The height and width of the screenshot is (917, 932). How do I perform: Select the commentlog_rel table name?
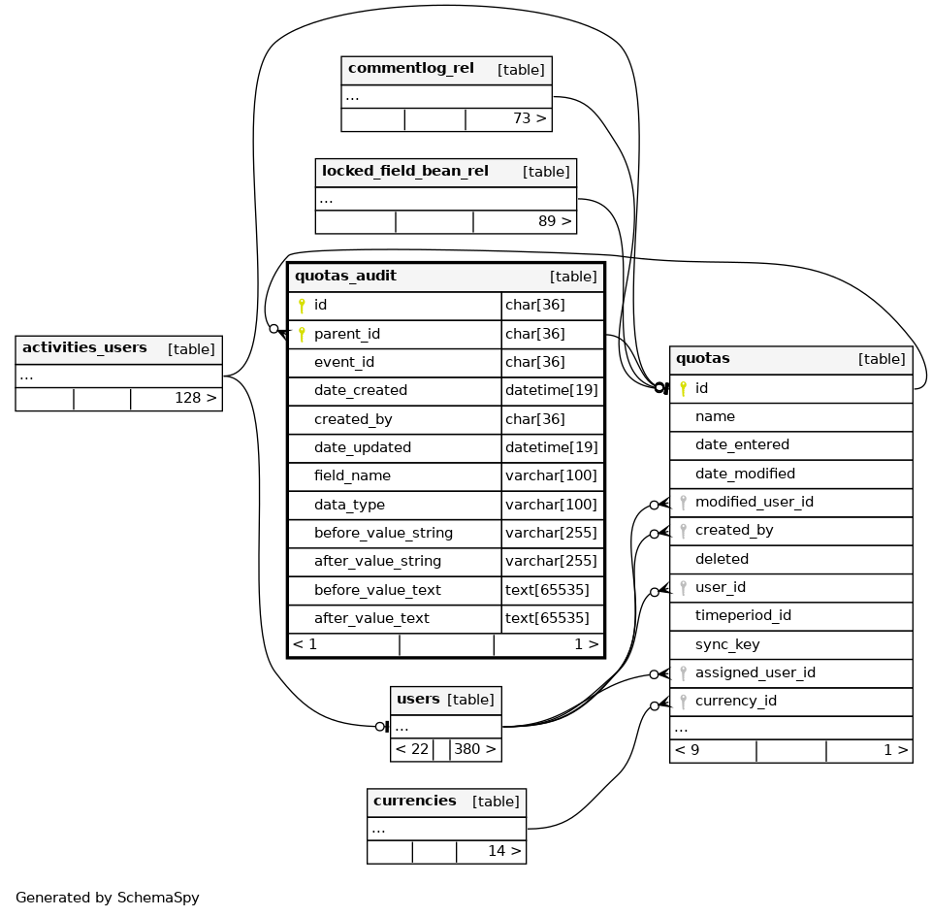(x=410, y=69)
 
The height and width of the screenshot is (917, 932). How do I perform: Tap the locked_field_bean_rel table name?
(x=404, y=172)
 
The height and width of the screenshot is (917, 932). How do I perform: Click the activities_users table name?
(x=84, y=348)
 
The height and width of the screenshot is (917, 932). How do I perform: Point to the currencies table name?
(x=414, y=802)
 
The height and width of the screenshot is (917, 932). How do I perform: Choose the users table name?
(x=418, y=700)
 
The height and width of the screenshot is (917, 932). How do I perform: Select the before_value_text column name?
(x=377, y=590)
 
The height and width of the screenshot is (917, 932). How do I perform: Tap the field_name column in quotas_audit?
(x=352, y=476)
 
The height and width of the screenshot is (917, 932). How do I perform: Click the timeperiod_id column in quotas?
(x=743, y=616)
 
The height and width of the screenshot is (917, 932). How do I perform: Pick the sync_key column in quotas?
(x=727, y=645)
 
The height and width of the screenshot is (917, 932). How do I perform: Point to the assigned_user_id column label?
(x=755, y=673)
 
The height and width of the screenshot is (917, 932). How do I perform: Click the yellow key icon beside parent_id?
(x=302, y=335)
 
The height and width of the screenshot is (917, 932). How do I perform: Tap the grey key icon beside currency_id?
(x=683, y=702)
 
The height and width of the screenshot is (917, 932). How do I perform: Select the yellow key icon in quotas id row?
(x=683, y=389)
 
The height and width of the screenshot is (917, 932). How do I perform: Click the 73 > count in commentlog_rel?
(x=530, y=119)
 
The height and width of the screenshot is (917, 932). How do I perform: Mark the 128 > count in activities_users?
(x=195, y=399)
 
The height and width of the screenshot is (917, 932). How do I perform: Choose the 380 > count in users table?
(x=475, y=749)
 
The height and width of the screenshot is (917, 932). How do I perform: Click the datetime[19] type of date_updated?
(x=551, y=448)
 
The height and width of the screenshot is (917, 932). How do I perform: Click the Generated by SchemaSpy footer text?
(x=108, y=899)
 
